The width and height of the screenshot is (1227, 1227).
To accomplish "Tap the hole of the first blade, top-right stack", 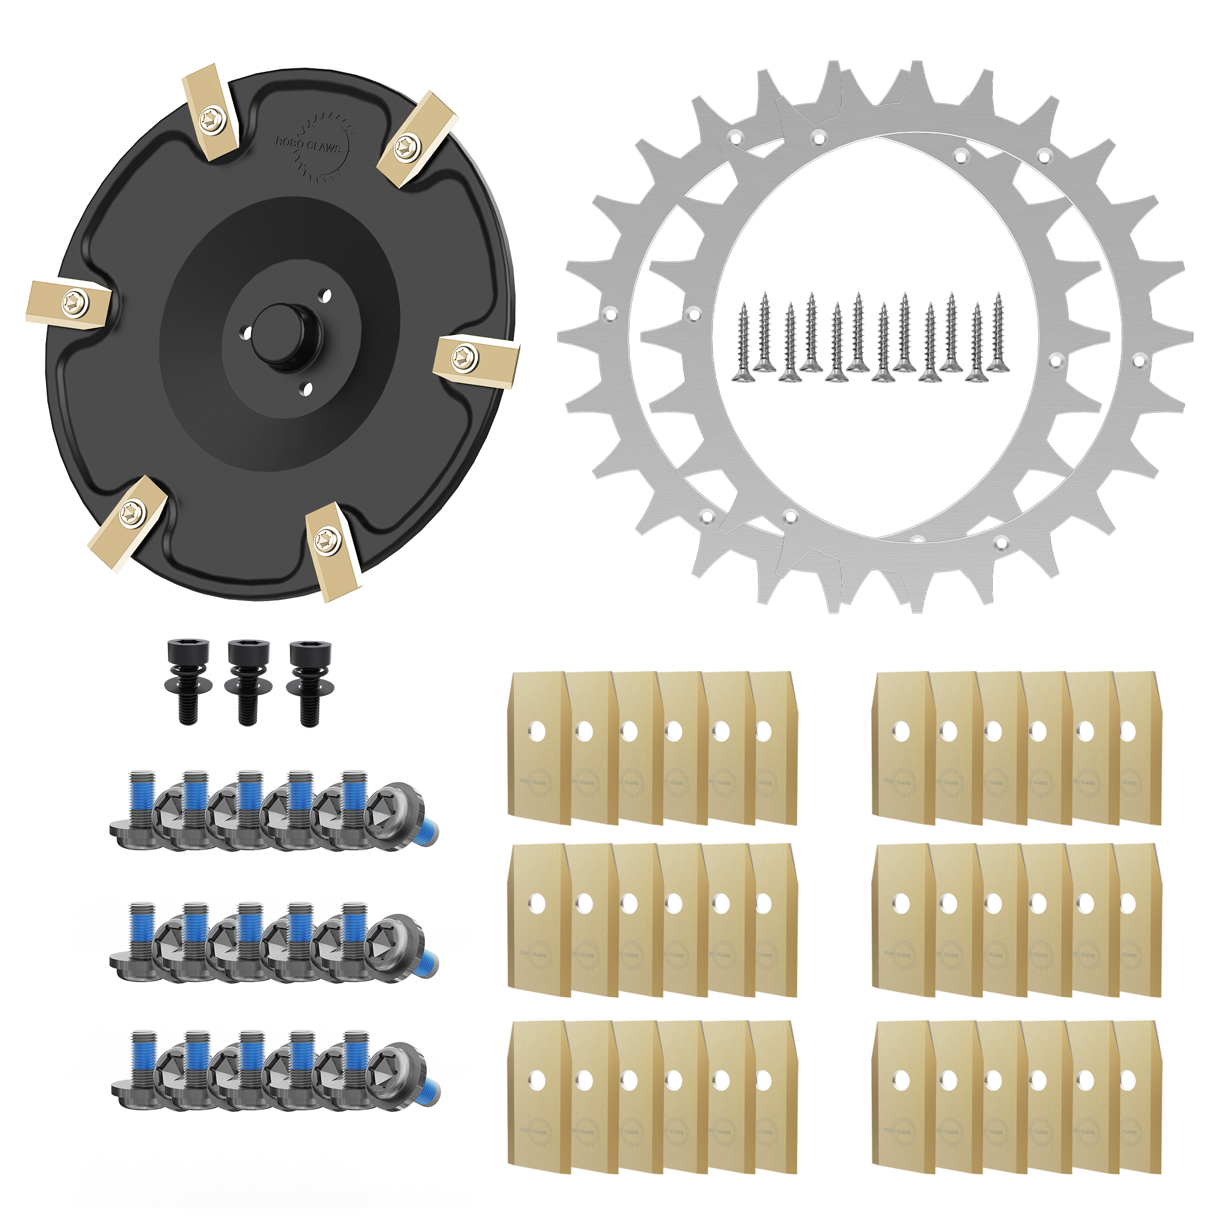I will coord(901,732).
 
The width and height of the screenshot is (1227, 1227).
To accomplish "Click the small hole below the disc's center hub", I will coord(307,389).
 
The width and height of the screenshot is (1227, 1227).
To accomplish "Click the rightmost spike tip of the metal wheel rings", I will coord(1191,337).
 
